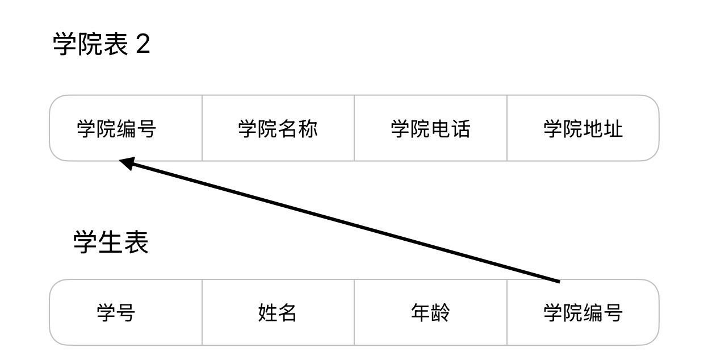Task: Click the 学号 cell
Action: (x=116, y=313)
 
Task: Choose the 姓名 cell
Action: (x=278, y=313)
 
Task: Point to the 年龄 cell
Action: (x=430, y=313)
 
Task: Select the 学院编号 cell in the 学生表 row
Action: (x=583, y=313)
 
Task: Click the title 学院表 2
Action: (x=102, y=44)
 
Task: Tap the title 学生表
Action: (x=111, y=242)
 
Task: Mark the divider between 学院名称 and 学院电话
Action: (x=354, y=128)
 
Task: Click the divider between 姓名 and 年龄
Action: (x=354, y=312)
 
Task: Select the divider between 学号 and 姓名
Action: (x=202, y=312)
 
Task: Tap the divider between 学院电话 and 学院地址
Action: (x=507, y=128)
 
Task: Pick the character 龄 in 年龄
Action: (x=441, y=313)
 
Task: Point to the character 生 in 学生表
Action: (x=111, y=242)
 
